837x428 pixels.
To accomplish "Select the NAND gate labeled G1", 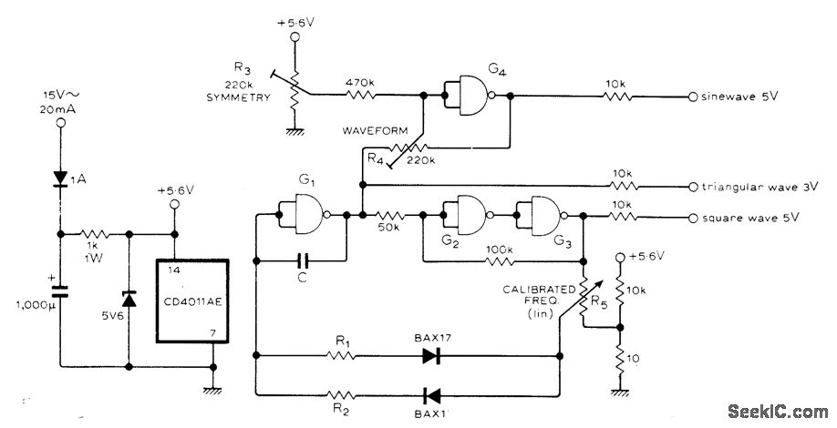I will pos(307,216).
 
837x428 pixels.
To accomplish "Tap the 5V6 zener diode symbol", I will pos(128,298).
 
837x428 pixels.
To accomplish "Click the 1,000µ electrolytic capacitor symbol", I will pos(62,291).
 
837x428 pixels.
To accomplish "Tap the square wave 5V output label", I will pos(748,218).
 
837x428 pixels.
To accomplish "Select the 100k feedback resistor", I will pos(500,262).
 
